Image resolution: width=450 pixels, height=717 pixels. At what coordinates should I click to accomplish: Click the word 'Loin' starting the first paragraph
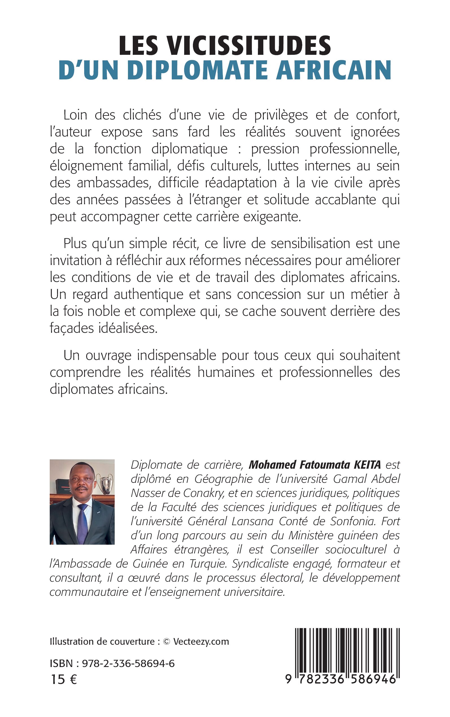(75, 115)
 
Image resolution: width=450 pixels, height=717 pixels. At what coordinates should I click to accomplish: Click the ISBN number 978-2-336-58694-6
(128, 663)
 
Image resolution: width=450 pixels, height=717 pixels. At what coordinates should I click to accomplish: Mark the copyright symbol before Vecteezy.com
(167, 642)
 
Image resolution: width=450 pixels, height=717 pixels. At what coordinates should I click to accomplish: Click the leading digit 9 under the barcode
(288, 679)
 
